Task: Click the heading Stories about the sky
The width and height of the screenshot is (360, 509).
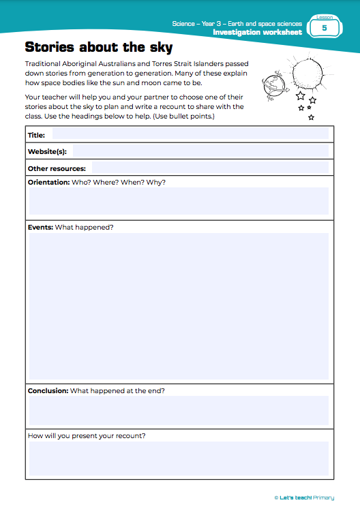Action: click(x=98, y=48)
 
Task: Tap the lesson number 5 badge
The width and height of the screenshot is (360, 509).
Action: click(x=324, y=27)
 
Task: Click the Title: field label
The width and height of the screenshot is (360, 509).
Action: click(x=36, y=135)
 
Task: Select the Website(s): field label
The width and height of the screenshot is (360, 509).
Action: click(x=47, y=151)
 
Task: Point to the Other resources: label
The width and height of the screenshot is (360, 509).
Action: click(x=57, y=168)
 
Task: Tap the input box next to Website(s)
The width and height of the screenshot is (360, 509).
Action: click(x=200, y=151)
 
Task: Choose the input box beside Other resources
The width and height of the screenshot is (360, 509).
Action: click(x=210, y=168)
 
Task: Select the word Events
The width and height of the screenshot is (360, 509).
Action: click(x=40, y=227)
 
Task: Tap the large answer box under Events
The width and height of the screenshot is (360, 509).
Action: click(x=179, y=307)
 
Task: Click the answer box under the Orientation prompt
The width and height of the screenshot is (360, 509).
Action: click(x=179, y=202)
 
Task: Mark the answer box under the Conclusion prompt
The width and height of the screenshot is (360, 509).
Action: click(x=179, y=411)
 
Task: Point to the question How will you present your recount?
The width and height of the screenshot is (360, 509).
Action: click(x=87, y=435)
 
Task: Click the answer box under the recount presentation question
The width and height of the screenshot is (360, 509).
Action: click(x=179, y=458)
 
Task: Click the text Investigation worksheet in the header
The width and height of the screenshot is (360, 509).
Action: click(x=257, y=32)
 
